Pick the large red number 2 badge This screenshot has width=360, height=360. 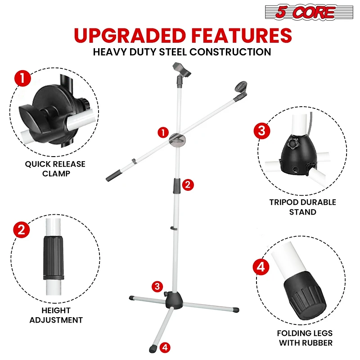pyautogui.click(x=21, y=230)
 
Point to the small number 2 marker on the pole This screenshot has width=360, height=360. pyautogui.click(x=189, y=184)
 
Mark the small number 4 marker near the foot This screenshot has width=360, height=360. pyautogui.click(x=165, y=347)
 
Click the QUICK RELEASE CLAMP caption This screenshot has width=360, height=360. pyautogui.click(x=55, y=169)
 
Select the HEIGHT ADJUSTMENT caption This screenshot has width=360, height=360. pyautogui.click(x=56, y=315)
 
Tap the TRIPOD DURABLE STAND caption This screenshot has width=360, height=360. pyautogui.click(x=302, y=207)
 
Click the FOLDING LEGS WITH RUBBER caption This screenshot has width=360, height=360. pyautogui.click(x=305, y=338)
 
